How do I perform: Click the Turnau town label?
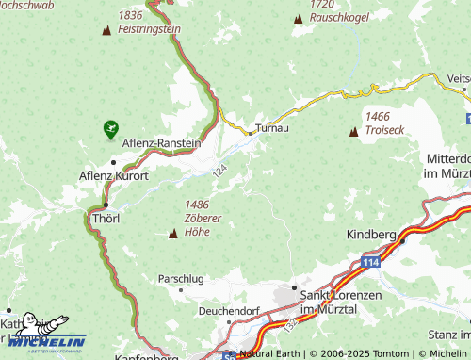click(x=270, y=127)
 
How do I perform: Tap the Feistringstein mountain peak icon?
click(x=106, y=30)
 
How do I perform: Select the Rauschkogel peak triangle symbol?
click(x=298, y=18)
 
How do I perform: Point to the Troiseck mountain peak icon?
click(x=354, y=133)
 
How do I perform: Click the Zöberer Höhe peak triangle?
click(x=172, y=233)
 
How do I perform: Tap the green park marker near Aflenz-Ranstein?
click(x=111, y=125)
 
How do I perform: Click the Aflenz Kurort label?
click(x=114, y=175)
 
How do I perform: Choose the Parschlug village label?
click(x=181, y=279)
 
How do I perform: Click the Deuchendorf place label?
click(x=229, y=310)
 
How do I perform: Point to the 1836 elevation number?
click(x=131, y=15)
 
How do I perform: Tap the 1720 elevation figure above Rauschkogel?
click(x=322, y=4)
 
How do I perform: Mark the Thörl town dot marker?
click(x=106, y=205)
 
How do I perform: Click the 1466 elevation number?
click(x=377, y=114)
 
